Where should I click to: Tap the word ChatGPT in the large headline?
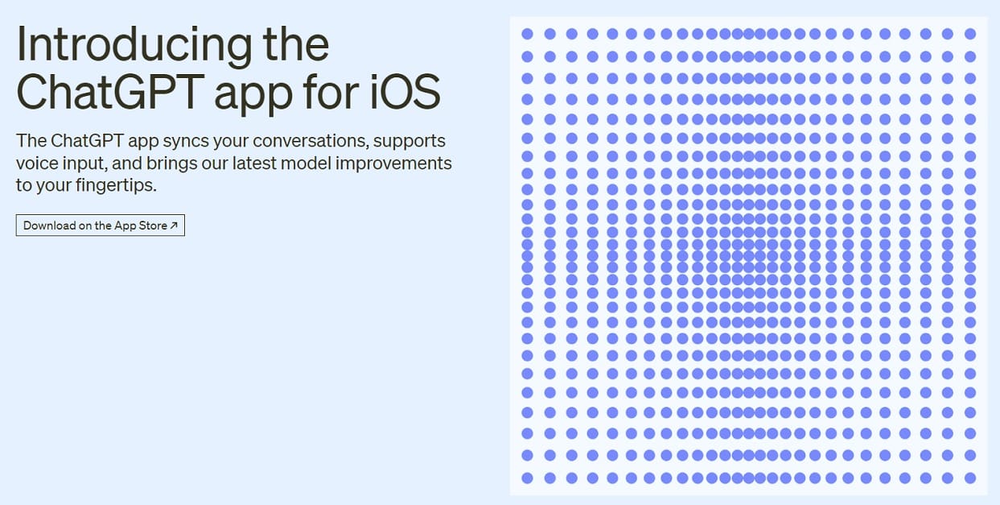click(x=110, y=91)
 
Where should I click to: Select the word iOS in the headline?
click(x=405, y=92)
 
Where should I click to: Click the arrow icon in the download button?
click(x=174, y=226)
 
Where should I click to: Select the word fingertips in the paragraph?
click(x=116, y=185)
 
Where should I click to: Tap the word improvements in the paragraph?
click(x=393, y=164)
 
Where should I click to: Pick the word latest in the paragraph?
click(x=254, y=164)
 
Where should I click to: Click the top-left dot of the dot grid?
click(x=527, y=34)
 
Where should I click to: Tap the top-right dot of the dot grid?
click(x=970, y=34)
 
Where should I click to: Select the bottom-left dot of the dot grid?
click(x=527, y=478)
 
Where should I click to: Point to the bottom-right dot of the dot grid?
click(x=970, y=478)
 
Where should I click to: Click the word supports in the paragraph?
click(x=409, y=141)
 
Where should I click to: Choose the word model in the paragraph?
click(x=306, y=164)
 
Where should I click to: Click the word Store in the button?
click(x=153, y=226)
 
